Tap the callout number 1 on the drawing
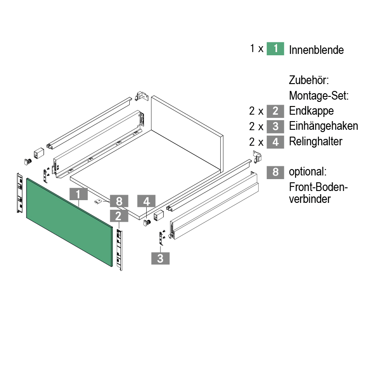coord(78,194)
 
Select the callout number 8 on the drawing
coord(119,201)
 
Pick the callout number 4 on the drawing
coord(146,201)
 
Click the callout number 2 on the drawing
coord(119,216)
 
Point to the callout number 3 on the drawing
coord(160,258)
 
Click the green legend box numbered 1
coord(276,49)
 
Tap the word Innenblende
coord(316,50)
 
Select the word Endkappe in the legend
coord(311,111)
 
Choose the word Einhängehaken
coord(324,126)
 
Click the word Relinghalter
coord(315,142)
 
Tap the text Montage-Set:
coord(319,96)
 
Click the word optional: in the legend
coord(308,172)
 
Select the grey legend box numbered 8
coord(276,172)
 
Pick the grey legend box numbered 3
coord(276,126)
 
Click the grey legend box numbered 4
coord(276,142)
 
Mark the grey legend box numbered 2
coord(276,111)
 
